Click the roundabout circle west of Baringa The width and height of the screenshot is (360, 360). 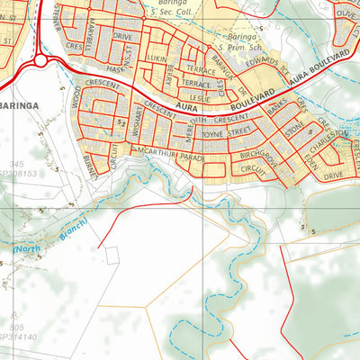click(x=40, y=61)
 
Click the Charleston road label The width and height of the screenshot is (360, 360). click(x=326, y=143)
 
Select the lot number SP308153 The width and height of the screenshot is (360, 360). click(x=21, y=174)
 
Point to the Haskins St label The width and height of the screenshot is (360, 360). click(x=113, y=68)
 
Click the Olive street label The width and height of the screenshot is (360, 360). click(x=346, y=13)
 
